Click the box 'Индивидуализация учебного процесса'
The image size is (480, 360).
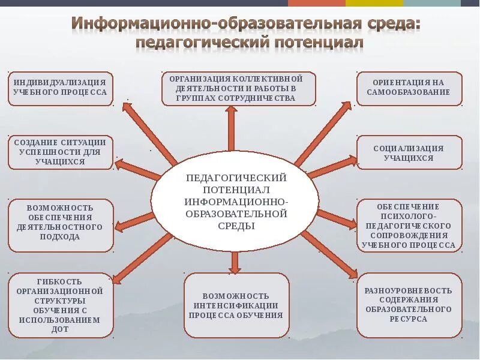(x=61, y=88)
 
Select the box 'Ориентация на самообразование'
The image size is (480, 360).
(x=410, y=88)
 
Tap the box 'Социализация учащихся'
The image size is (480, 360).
(x=410, y=153)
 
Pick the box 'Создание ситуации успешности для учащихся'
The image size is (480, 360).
(x=61, y=152)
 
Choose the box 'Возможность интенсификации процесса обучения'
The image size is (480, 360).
(x=236, y=305)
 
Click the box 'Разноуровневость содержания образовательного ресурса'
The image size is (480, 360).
(x=410, y=305)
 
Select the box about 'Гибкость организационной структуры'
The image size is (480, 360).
(x=61, y=305)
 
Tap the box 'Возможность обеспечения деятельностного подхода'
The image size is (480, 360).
(x=61, y=225)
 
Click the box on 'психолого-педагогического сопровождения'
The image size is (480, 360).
(x=410, y=225)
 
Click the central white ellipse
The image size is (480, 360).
(x=235, y=200)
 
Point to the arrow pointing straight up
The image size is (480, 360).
(x=231, y=129)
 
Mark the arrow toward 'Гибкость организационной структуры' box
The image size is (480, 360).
(x=141, y=258)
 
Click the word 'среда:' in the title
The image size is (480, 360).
(x=391, y=24)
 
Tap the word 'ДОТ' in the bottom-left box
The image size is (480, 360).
(x=61, y=329)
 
